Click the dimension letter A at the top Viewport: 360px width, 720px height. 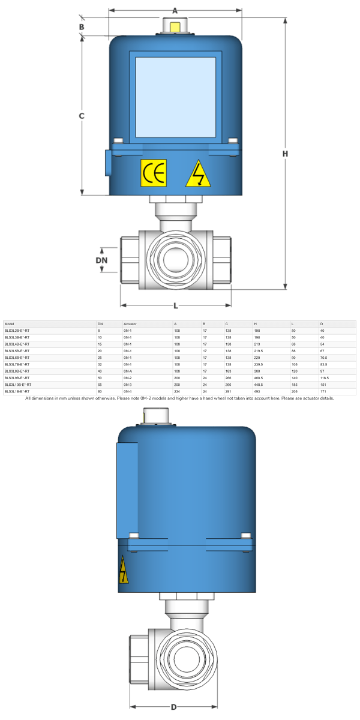click(x=175, y=10)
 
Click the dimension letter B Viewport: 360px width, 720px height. click(x=82, y=26)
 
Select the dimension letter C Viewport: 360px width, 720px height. click(x=82, y=116)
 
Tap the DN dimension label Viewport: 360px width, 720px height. click(x=102, y=260)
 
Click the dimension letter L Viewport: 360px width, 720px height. click(x=176, y=305)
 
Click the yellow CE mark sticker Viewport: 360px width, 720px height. click(x=154, y=173)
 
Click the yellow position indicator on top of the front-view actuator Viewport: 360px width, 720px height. click(x=175, y=27)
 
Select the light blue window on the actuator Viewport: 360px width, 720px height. click(x=175, y=97)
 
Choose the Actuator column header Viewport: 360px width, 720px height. click(x=130, y=324)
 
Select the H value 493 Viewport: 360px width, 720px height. click(x=258, y=391)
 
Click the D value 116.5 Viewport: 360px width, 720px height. click(x=325, y=378)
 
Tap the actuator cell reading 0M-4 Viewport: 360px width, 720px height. click(x=127, y=391)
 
